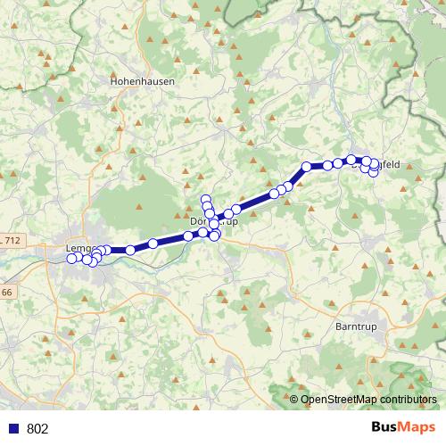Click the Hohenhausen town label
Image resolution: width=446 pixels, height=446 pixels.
click(142, 79)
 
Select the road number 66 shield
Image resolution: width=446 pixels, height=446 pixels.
click(6, 293)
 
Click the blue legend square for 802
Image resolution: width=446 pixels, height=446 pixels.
click(12, 429)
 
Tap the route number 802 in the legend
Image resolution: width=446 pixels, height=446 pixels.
click(37, 429)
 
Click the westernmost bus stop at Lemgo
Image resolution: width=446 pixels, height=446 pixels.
click(71, 259)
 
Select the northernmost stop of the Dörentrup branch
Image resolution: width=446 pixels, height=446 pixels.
click(205, 199)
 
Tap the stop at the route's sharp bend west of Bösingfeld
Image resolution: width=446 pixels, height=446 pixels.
click(306, 166)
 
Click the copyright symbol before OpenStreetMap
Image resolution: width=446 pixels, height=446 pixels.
click(294, 399)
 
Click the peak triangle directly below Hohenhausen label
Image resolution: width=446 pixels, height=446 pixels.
click(144, 98)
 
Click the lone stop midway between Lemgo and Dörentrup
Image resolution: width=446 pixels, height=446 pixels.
click(153, 244)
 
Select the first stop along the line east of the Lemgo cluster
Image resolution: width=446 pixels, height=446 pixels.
click(130, 250)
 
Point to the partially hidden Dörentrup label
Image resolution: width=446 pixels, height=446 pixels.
click(214, 220)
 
